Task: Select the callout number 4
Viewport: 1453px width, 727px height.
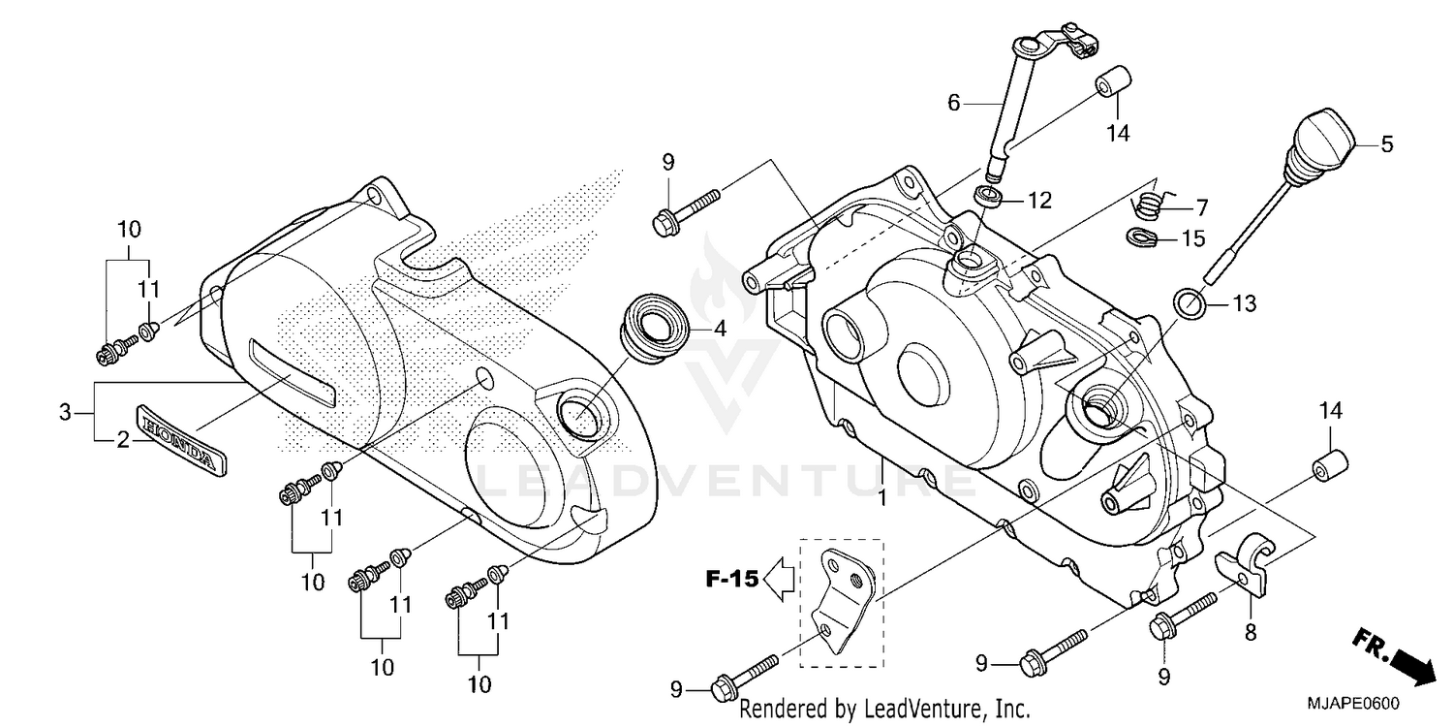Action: click(x=719, y=329)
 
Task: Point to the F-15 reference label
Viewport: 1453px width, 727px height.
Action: click(x=730, y=581)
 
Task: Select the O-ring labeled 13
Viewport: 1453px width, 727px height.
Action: click(x=1190, y=303)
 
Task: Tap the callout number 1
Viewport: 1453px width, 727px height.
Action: click(x=882, y=496)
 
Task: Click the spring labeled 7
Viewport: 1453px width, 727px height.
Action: click(x=1150, y=205)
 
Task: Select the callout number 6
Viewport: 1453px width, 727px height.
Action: click(x=953, y=102)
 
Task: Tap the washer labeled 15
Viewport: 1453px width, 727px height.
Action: click(x=1142, y=236)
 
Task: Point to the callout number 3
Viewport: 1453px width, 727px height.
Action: click(x=65, y=412)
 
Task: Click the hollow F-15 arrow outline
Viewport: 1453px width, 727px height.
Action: click(x=779, y=581)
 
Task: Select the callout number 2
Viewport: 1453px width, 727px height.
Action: click(x=122, y=441)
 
